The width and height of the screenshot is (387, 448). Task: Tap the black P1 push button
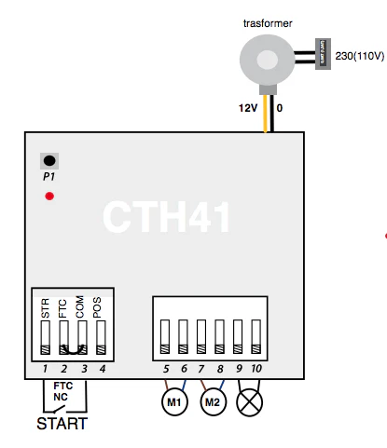pyautogui.click(x=48, y=160)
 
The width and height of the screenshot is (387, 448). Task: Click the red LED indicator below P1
pyautogui.click(x=49, y=196)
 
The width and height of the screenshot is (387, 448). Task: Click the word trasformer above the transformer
pyautogui.click(x=267, y=20)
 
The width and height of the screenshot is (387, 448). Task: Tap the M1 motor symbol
pyautogui.click(x=173, y=403)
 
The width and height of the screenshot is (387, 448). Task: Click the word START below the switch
pyautogui.click(x=62, y=425)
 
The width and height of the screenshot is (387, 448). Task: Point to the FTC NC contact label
pyautogui.click(x=62, y=390)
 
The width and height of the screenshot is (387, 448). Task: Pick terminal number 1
pyautogui.click(x=45, y=370)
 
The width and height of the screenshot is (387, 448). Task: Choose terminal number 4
pyautogui.click(x=102, y=370)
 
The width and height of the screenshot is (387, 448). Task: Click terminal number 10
pyautogui.click(x=256, y=370)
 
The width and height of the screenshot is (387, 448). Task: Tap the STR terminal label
pyautogui.click(x=46, y=309)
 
